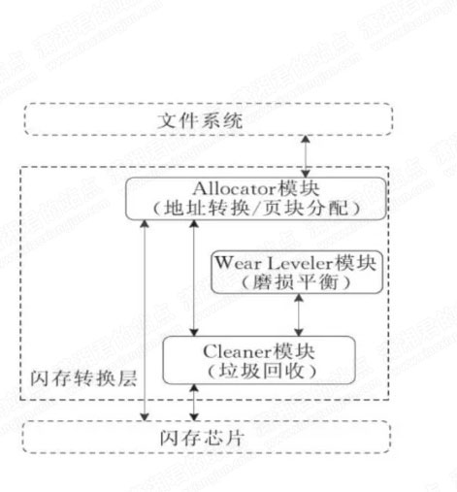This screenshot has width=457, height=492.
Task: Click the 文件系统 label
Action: coord(200,120)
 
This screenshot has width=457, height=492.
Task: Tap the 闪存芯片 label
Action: coord(202,438)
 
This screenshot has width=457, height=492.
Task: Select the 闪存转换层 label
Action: coord(83,378)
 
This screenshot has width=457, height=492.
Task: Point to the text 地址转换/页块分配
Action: coord(256,208)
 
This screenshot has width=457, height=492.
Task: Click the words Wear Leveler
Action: coord(274,263)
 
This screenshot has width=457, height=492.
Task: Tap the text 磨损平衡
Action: coord(296,282)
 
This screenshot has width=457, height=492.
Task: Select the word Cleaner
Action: coord(238,351)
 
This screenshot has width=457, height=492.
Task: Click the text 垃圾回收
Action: coord(262,371)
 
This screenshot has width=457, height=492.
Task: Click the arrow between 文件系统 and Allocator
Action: coord(306,156)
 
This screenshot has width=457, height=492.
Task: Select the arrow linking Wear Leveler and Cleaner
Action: coord(299,314)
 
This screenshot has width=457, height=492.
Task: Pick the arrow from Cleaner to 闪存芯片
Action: coord(194,403)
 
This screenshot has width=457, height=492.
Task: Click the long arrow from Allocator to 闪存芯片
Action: coord(145,320)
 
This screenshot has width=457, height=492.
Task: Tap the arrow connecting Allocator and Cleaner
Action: coord(194,278)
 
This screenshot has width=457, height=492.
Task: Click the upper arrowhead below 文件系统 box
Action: coord(306,139)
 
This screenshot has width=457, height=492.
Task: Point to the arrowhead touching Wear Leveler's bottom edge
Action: coord(299,298)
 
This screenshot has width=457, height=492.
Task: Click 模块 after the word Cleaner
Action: coord(293,351)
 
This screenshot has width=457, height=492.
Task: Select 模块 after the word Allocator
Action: coord(299,188)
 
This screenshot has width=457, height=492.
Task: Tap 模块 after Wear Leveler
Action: coord(355,263)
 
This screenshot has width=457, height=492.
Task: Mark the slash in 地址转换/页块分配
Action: coord(256,208)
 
